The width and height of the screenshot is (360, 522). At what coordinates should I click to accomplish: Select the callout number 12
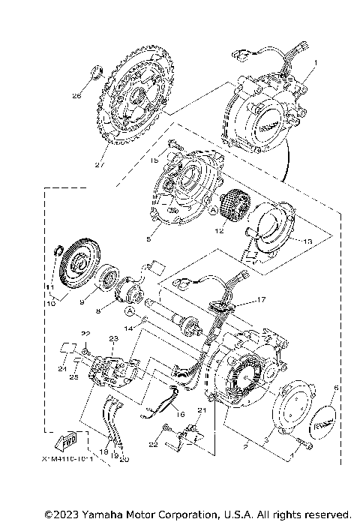click(219, 232)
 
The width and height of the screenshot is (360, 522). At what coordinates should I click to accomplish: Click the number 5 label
click(149, 239)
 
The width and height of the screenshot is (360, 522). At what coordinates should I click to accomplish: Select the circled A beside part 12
click(212, 212)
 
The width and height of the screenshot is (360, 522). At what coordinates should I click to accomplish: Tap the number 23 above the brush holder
click(114, 339)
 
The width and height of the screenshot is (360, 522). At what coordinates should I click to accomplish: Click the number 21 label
click(200, 409)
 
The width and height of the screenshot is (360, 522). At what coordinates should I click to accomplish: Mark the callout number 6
click(335, 388)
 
